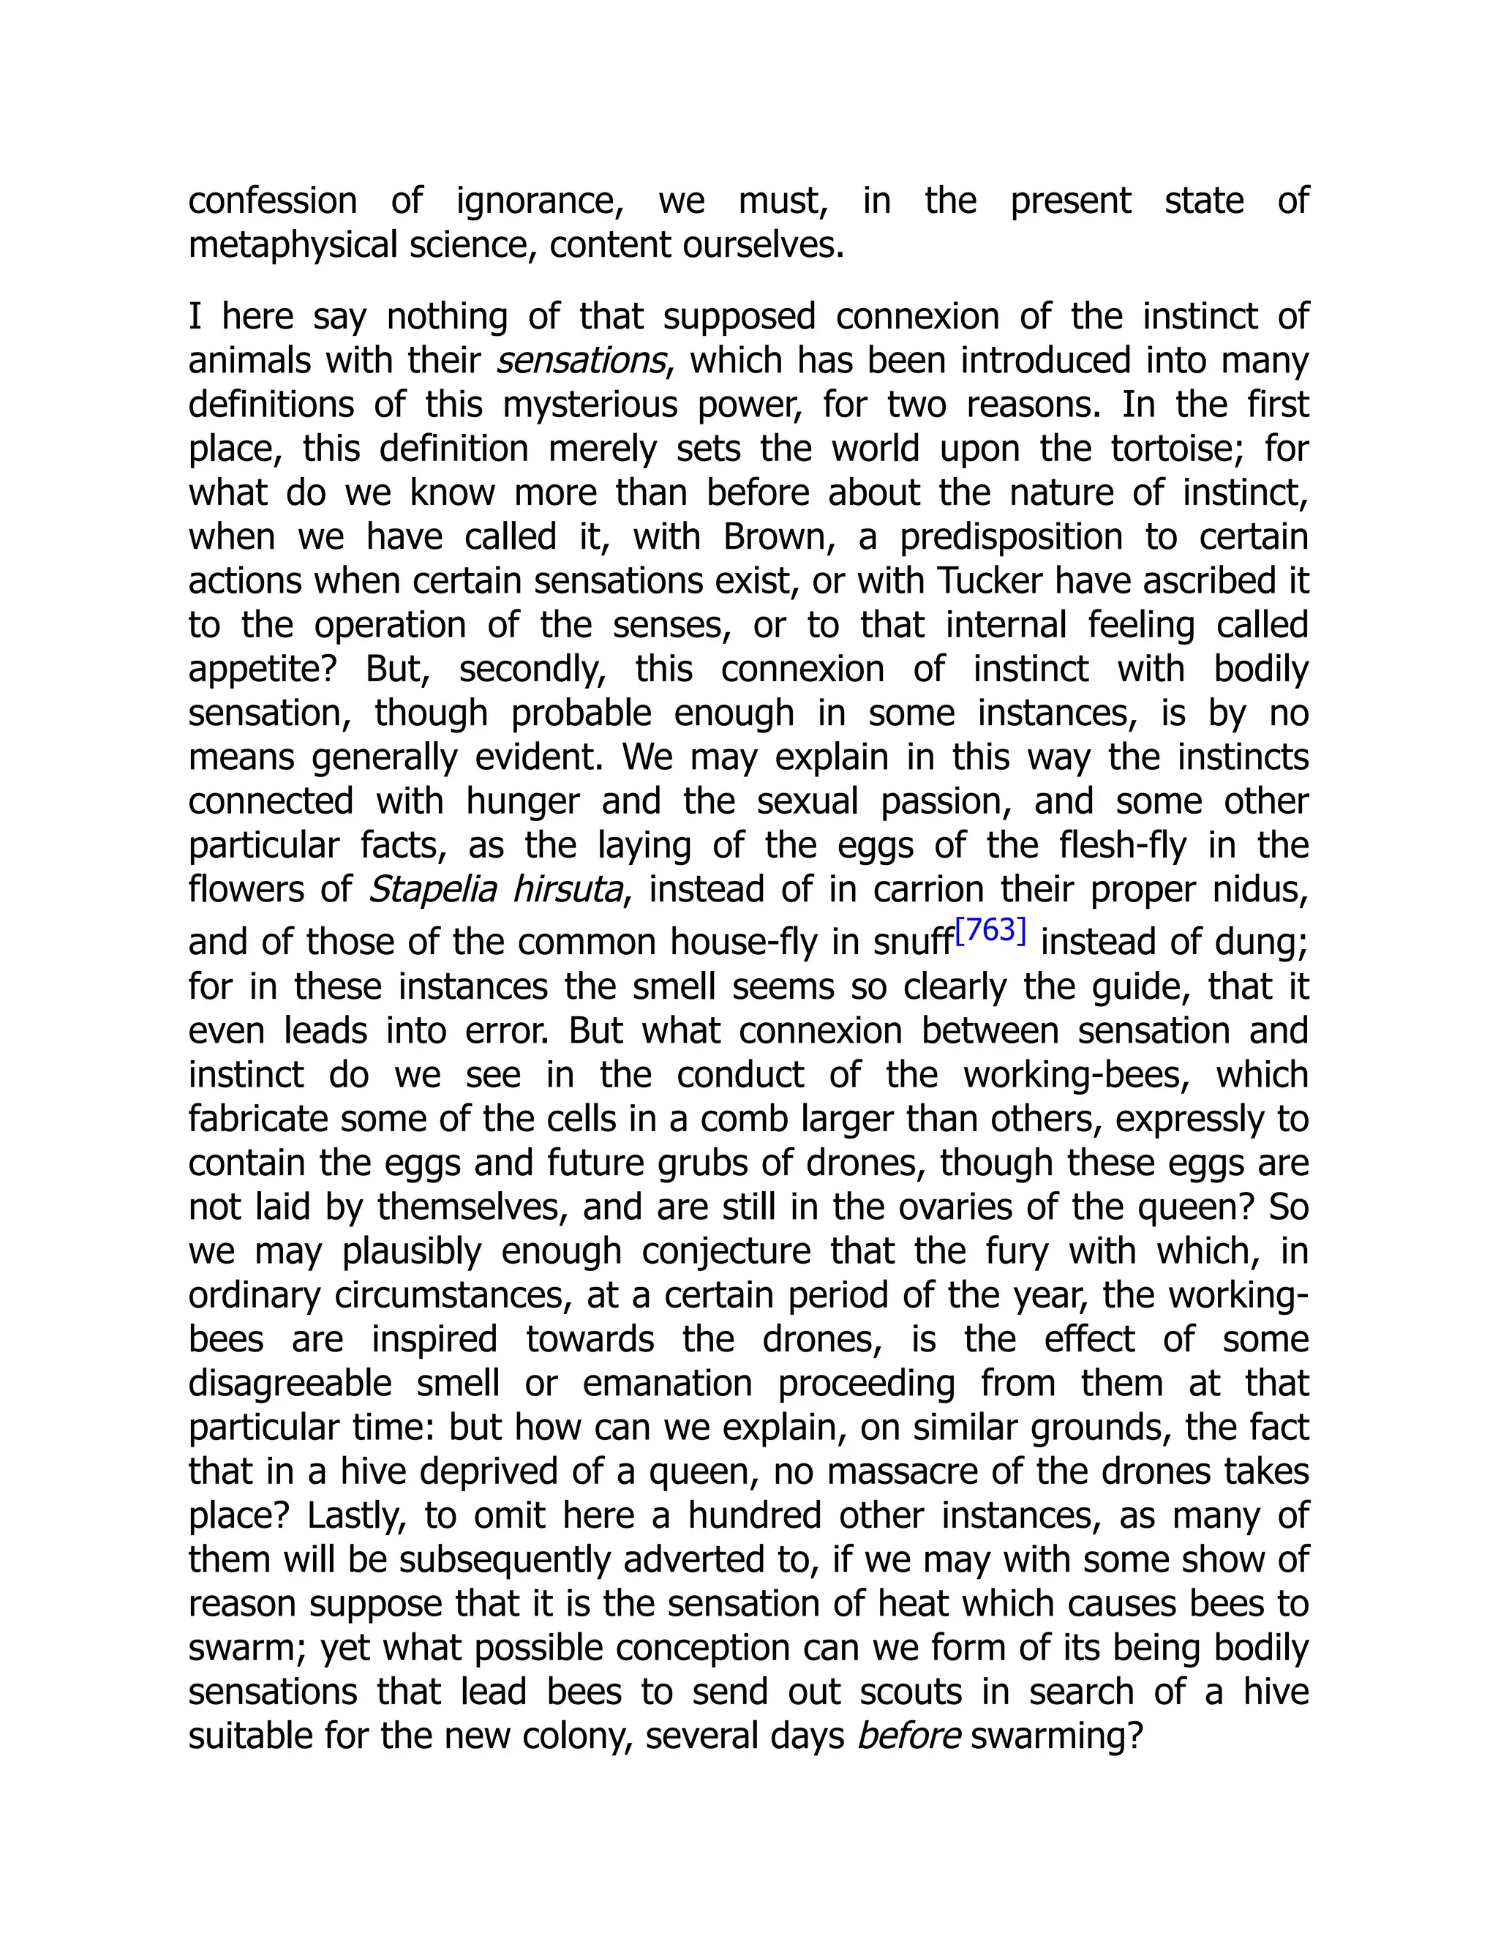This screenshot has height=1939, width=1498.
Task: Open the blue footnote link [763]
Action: [990, 931]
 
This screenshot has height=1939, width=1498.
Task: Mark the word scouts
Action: [910, 1692]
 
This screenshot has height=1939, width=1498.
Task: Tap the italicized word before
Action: [908, 1736]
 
